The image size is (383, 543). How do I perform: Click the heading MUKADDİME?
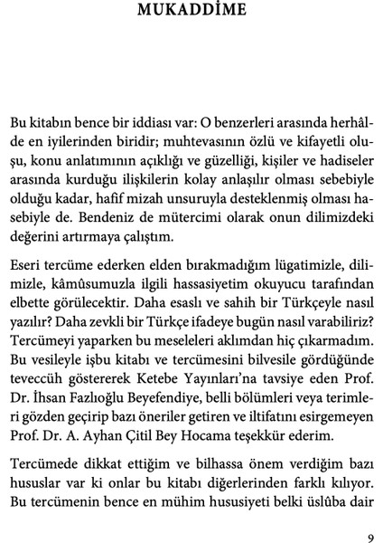coord(191,12)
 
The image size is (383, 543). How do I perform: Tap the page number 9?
coord(369,534)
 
